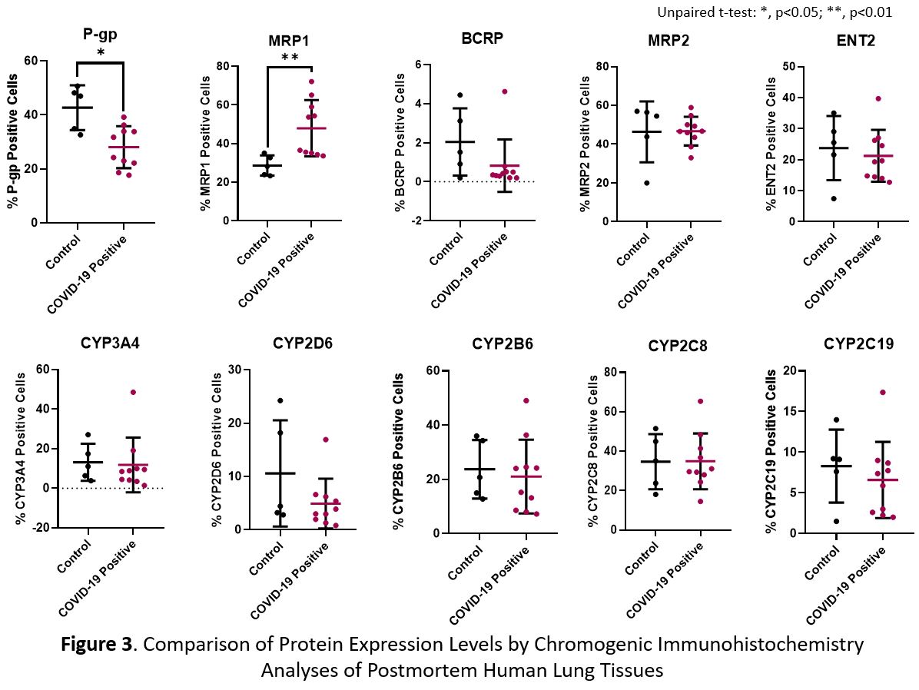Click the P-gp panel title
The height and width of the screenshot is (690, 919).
[x=101, y=35]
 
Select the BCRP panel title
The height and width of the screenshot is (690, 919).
[x=482, y=38]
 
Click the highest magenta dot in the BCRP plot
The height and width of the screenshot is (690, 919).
[x=505, y=91]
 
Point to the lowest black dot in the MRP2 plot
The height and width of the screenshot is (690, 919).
[x=647, y=183]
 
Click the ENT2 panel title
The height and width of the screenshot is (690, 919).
[x=857, y=41]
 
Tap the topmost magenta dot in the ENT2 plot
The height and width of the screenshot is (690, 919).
[x=878, y=98]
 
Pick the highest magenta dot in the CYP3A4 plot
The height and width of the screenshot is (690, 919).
[x=132, y=392]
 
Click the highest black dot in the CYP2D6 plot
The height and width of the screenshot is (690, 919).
[x=280, y=400]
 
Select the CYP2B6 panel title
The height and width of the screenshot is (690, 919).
[x=503, y=343]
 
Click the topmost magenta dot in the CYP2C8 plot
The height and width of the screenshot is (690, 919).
[x=700, y=401]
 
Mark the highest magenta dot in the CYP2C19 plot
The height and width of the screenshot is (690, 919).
[x=883, y=393]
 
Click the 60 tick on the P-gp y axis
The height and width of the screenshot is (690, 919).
[x=32, y=61]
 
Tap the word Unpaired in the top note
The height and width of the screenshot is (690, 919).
[x=681, y=12]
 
